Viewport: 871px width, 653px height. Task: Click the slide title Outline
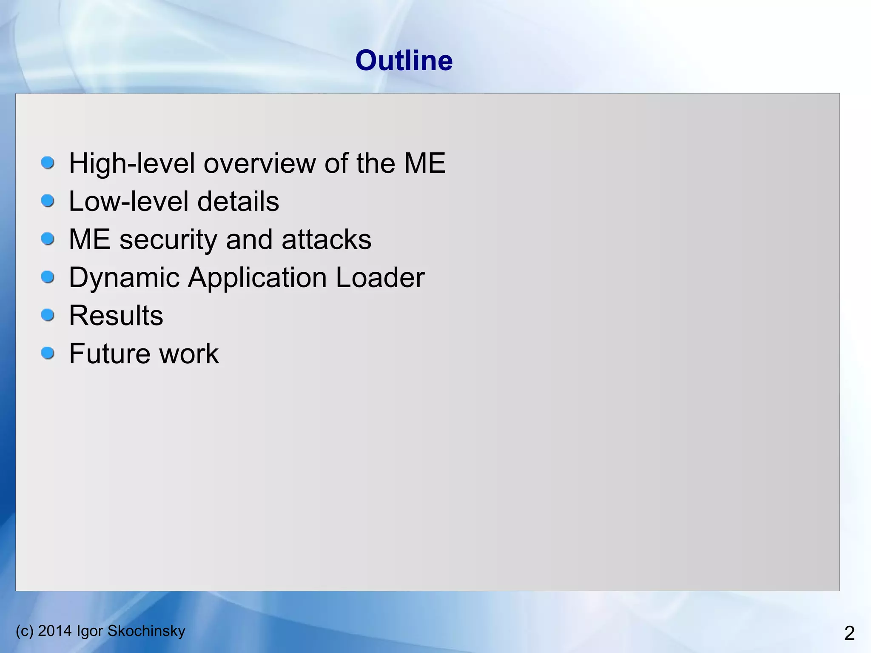404,60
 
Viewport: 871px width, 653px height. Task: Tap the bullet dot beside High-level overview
48,163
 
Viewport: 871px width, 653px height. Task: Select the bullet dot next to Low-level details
48,201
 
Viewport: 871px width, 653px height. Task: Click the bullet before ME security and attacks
48,239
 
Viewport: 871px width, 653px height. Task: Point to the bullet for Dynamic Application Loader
48,277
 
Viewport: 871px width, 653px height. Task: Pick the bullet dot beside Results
48,315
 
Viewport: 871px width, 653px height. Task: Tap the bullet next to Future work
48,353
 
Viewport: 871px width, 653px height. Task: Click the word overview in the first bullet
260,163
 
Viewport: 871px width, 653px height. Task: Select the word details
238,201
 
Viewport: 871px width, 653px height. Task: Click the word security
168,240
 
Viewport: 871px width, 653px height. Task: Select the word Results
116,316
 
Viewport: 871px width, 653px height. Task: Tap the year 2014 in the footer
55,630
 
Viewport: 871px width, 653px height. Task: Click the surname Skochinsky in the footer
146,631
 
